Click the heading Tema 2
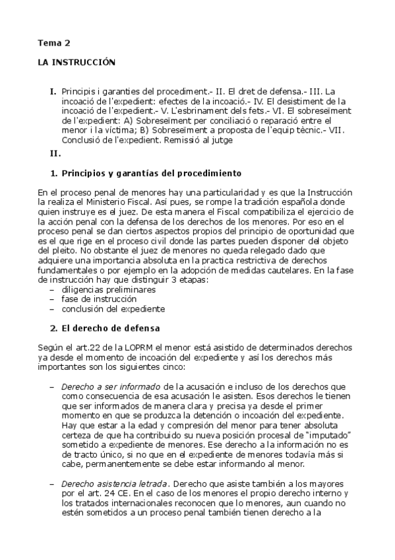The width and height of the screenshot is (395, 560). [x=53, y=44]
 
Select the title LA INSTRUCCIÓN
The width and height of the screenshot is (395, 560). [x=76, y=63]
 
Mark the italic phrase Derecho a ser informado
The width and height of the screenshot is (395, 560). [x=100, y=386]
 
